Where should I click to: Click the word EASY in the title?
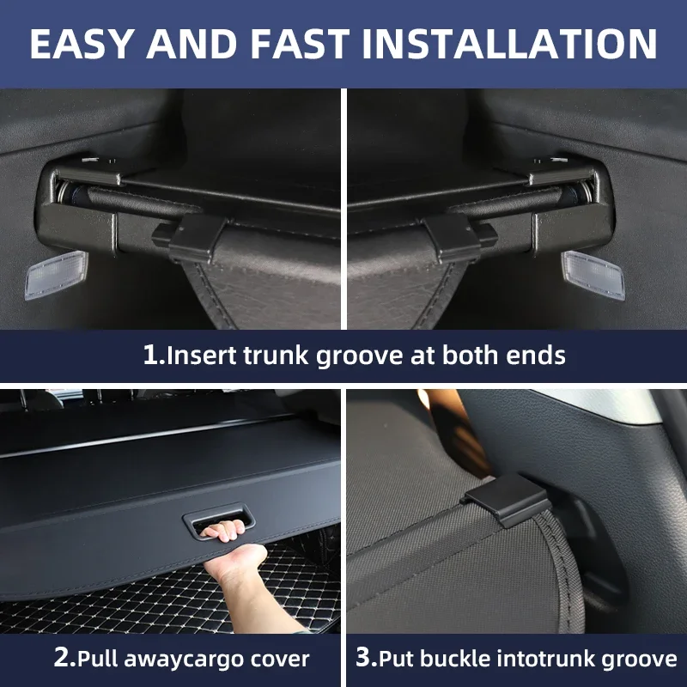pos(81,45)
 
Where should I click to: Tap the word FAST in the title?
pos(300,45)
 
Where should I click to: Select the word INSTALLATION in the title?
pos(509,45)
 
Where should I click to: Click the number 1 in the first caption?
pos(149,355)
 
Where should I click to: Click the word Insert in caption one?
pos(202,355)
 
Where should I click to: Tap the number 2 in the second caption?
pos(61,658)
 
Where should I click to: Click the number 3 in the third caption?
pos(363,658)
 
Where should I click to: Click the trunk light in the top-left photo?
pos(56,276)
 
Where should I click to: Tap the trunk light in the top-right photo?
pos(593,275)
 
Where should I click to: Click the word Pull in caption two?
pos(99,658)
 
